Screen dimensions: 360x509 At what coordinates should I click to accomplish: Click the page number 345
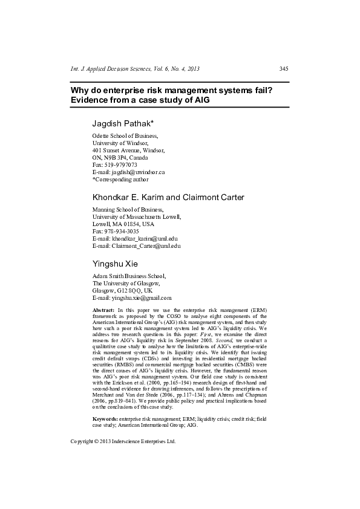click(284, 68)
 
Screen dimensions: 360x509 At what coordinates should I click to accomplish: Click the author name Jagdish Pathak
click(123, 123)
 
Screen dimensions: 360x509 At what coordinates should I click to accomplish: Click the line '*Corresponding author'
click(120, 179)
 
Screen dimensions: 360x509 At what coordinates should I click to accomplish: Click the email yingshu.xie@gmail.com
click(138, 298)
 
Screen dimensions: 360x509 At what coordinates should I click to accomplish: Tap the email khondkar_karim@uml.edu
click(140, 239)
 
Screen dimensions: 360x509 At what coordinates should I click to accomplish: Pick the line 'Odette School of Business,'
click(125, 137)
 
